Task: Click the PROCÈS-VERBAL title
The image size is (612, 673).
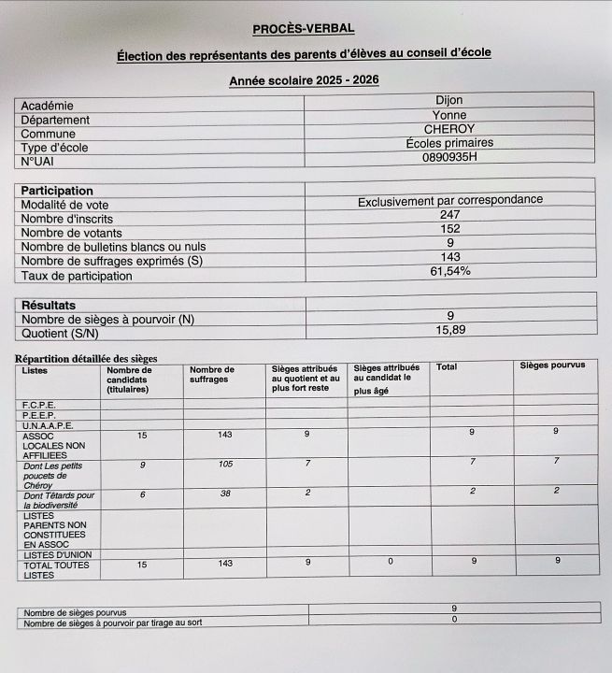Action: click(x=304, y=29)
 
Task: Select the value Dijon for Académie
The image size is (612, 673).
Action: click(x=448, y=100)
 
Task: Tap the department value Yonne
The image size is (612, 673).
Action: click(x=448, y=115)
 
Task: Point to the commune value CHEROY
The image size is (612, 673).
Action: click(x=448, y=129)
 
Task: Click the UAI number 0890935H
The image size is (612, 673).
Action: click(x=448, y=158)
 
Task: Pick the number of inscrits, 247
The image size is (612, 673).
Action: click(x=449, y=215)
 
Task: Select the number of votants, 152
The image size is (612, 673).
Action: click(x=449, y=229)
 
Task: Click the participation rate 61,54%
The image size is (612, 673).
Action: click(x=449, y=272)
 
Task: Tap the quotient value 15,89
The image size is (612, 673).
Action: click(x=449, y=330)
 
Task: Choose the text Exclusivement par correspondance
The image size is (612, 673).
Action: click(x=449, y=201)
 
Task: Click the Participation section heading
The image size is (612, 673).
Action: click(x=57, y=191)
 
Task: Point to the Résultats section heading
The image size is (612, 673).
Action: click(x=49, y=305)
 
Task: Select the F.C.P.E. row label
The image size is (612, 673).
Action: click(x=38, y=405)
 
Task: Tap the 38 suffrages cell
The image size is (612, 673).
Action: click(x=224, y=494)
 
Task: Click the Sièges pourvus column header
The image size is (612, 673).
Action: click(x=552, y=365)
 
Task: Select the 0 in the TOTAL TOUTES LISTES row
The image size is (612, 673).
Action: click(x=390, y=562)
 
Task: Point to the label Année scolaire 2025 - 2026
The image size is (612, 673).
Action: click(x=304, y=81)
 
